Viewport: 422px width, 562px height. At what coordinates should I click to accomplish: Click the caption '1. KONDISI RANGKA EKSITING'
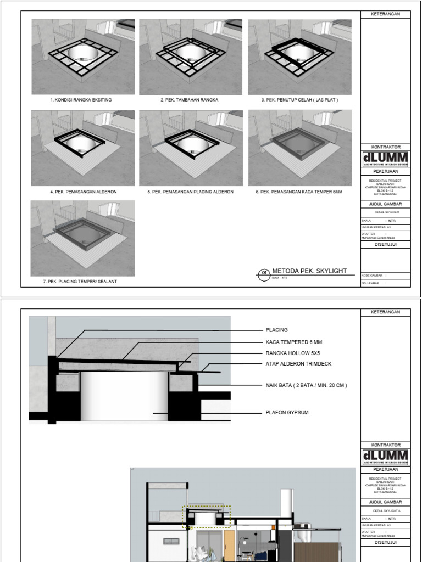pyautogui.click(x=81, y=100)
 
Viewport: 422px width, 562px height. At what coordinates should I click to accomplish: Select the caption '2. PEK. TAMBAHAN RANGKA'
pyautogui.click(x=189, y=100)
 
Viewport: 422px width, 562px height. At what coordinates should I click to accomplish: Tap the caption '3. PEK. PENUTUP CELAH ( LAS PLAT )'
pyautogui.click(x=299, y=100)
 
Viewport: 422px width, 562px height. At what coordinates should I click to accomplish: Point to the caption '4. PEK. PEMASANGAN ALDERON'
pyautogui.click(x=83, y=192)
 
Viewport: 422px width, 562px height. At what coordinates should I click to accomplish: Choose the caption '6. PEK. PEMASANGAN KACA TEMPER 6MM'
pyautogui.click(x=299, y=192)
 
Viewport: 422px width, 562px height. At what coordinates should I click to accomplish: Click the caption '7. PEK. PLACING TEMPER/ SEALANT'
pyautogui.click(x=80, y=281)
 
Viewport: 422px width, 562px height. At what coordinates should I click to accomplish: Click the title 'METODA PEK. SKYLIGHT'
pyautogui.click(x=309, y=271)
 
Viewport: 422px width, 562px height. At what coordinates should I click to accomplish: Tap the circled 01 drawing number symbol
pyautogui.click(x=263, y=272)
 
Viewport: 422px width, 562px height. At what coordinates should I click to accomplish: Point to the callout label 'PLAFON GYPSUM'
pyautogui.click(x=287, y=412)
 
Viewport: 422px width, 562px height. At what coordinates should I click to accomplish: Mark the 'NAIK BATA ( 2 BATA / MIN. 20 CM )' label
pyautogui.click(x=306, y=385)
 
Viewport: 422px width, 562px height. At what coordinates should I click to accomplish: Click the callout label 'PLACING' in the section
pyautogui.click(x=277, y=330)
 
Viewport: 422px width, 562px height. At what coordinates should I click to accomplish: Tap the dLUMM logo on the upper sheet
pyautogui.click(x=385, y=159)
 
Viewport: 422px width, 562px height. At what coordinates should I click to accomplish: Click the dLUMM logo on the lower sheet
pyautogui.click(x=385, y=457)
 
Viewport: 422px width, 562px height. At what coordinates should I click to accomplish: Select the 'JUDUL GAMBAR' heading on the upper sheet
pyautogui.click(x=385, y=203)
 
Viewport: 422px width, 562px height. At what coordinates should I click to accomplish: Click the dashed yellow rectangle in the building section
pyautogui.click(x=207, y=516)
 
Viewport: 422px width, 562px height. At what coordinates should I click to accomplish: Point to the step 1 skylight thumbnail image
pyautogui.click(x=83, y=57)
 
